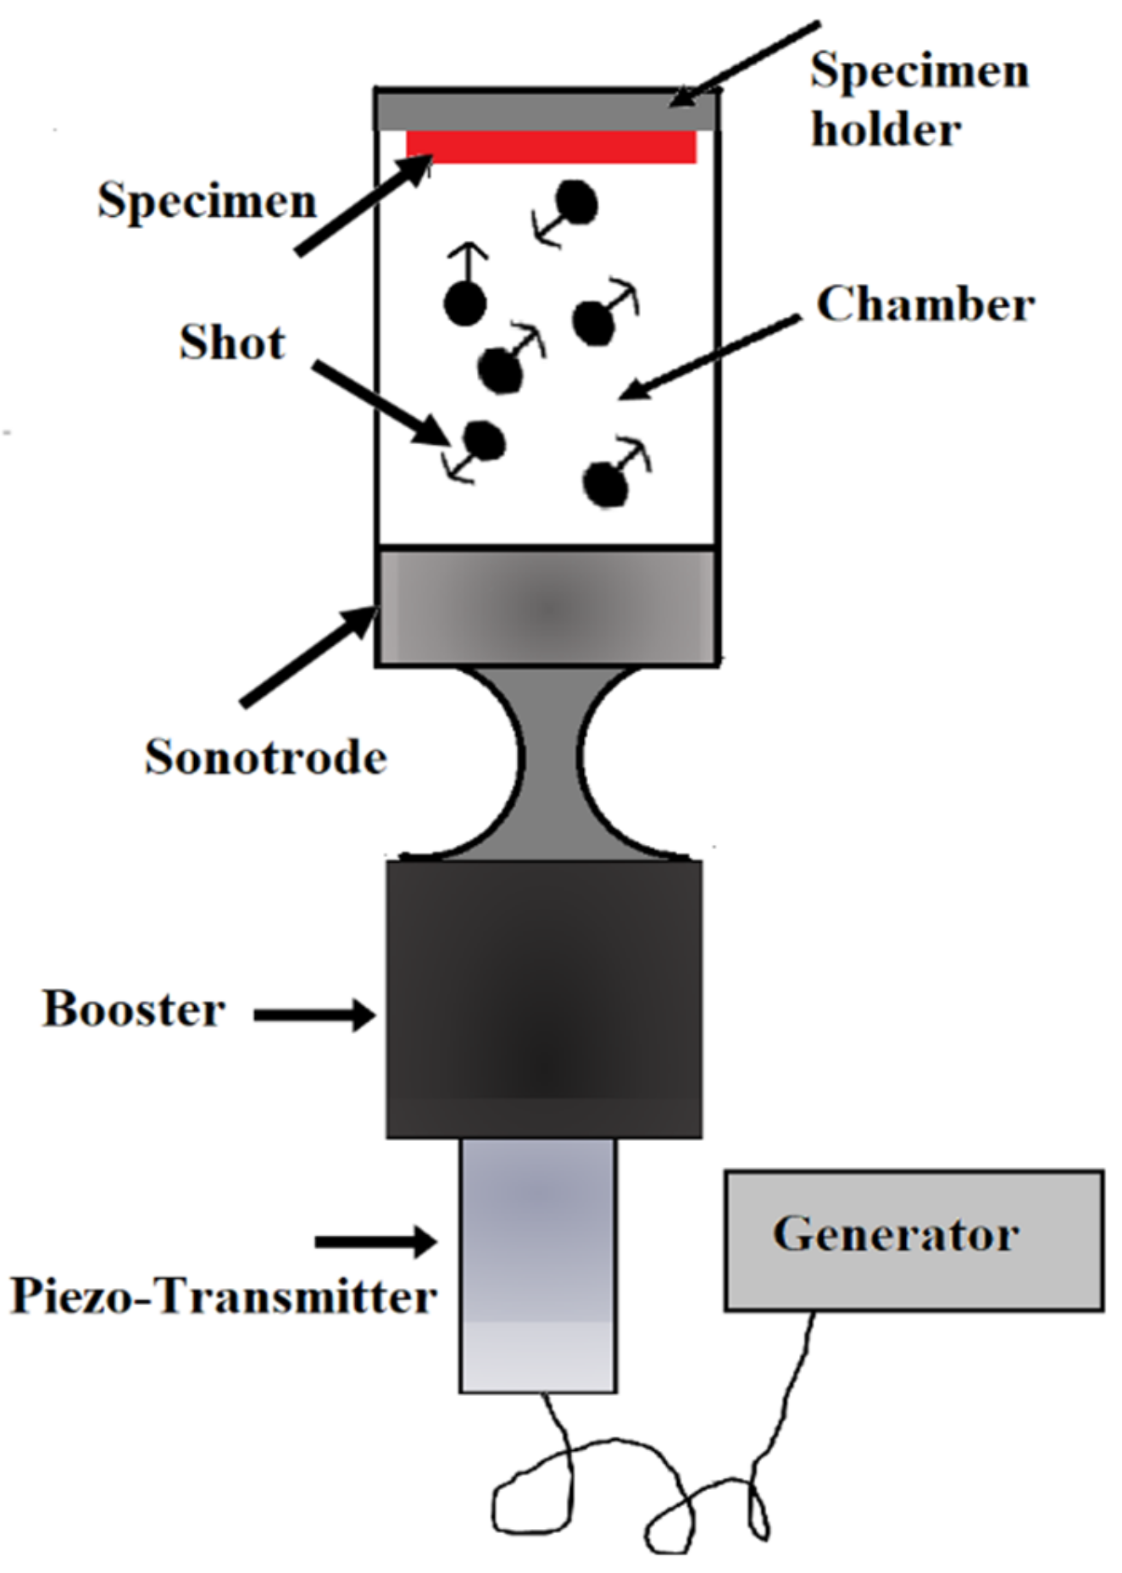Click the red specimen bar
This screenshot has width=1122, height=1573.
pos(551,147)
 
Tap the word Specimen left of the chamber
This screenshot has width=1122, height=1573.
pos(207,202)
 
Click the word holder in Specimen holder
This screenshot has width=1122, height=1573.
pos(886,130)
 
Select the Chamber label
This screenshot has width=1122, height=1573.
pos(925,304)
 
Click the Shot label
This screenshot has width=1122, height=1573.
pos(232,342)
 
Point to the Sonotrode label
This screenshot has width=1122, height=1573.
pos(265,757)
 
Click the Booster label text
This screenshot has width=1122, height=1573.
pos(134,1009)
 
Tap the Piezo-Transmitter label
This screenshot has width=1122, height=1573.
pos(222,1296)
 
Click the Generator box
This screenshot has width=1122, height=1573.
pos(914,1241)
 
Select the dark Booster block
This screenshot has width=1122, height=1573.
pos(544,1000)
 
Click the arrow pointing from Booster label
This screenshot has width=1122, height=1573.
pos(314,1014)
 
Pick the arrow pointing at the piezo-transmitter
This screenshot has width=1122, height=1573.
pos(375,1242)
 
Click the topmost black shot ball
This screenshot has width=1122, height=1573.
pos(578,203)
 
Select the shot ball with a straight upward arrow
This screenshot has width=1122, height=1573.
pos(464,303)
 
